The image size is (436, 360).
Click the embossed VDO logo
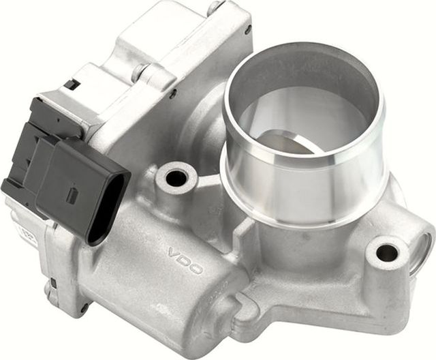click(185, 260)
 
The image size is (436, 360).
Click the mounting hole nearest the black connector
click(176, 179)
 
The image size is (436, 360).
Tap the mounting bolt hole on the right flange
click(387, 253)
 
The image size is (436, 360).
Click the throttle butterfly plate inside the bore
click(290, 142)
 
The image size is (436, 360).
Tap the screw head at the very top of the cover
click(217, 7)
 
